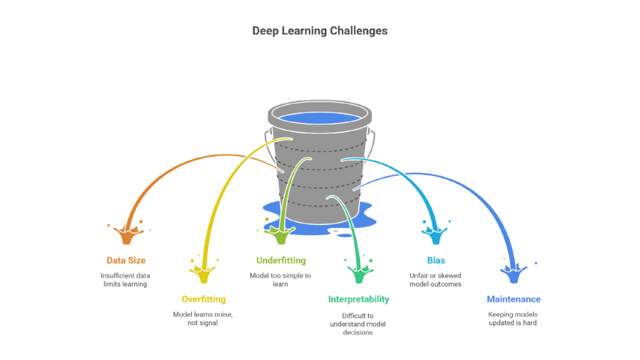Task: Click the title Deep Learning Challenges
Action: [319, 30]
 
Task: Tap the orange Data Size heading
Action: [126, 260]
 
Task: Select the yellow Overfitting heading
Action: [203, 299]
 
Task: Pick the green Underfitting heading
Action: [281, 260]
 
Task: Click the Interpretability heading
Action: [358, 299]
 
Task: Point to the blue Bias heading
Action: [436, 260]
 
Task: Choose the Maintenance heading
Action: [514, 299]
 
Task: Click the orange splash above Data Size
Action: [127, 234]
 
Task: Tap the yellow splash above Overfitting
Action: [203, 274]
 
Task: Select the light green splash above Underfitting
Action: [280, 234]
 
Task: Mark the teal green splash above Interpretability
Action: [358, 274]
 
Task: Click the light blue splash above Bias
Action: [436, 234]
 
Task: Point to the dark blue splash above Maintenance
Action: [514, 274]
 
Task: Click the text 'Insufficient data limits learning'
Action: [126, 279]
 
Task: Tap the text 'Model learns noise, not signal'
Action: [203, 318]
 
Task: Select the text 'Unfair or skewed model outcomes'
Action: [436, 279]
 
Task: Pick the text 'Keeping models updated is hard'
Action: [514, 318]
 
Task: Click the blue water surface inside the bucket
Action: [319, 117]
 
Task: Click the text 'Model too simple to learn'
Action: [281, 279]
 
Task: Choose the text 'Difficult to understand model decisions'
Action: [358, 324]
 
